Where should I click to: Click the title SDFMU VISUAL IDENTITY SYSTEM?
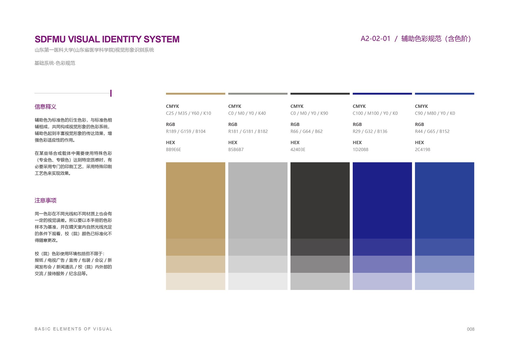tap(107, 39)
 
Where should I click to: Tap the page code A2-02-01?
tap(375, 39)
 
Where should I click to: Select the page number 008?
tap(471, 329)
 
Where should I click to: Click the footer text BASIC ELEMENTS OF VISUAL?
tap(73, 329)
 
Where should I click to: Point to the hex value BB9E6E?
tap(173, 150)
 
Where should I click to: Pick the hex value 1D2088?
tap(360, 150)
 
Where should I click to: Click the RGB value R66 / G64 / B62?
tap(306, 131)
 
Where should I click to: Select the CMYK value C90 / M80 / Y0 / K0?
tap(435, 113)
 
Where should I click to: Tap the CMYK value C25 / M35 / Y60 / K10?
tap(189, 113)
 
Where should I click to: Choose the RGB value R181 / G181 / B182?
tap(248, 131)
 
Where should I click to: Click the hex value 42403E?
tap(298, 150)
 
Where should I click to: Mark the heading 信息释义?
tap(46, 107)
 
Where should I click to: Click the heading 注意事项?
tap(46, 200)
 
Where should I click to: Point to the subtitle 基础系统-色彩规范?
tap(55, 63)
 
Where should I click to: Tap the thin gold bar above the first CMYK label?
tap(195, 94)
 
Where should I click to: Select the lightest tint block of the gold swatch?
tap(195, 281)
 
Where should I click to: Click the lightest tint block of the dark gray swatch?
tap(320, 281)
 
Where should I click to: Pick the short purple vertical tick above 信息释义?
tap(111, 93)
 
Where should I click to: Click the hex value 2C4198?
tap(422, 150)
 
